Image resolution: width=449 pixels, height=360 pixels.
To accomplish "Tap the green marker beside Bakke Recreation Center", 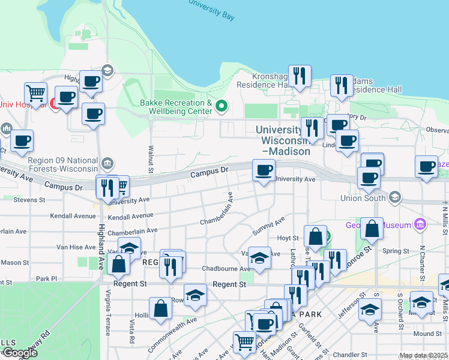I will point(221,107).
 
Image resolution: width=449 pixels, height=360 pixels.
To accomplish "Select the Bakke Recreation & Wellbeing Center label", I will point(176,107).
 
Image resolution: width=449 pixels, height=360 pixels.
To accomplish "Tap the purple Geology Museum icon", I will point(420,225).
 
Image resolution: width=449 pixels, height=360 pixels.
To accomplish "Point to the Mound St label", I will point(427,334).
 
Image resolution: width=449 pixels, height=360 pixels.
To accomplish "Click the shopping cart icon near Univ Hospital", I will point(36,94).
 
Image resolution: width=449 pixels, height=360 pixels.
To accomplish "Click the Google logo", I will point(19,353).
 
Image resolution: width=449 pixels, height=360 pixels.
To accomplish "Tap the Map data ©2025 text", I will point(423,356).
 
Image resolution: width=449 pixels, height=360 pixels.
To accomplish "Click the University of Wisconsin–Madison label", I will point(283,140).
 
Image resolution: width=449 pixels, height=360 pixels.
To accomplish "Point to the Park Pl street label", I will point(46,279).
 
